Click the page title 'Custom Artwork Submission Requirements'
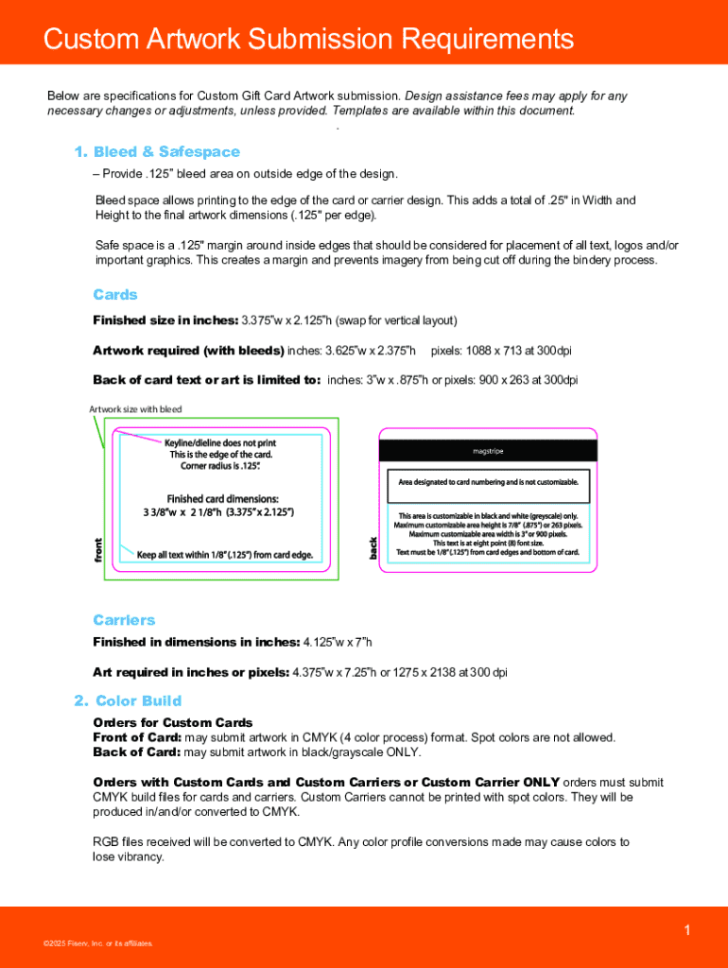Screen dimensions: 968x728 point(308,39)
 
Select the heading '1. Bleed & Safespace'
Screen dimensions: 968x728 point(157,152)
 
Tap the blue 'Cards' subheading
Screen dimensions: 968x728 point(115,295)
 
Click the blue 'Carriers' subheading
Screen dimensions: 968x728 point(124,620)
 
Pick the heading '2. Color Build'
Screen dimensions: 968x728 point(128,700)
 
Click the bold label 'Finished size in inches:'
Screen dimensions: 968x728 point(165,320)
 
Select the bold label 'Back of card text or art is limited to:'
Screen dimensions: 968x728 point(206,380)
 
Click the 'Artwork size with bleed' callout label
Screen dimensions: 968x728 point(135,409)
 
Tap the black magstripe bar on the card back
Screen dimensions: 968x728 point(488,451)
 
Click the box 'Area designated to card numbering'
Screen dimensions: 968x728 point(488,482)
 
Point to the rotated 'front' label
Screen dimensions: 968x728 point(97,551)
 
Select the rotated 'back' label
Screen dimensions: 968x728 point(373,546)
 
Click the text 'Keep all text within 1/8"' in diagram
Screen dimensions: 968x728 point(224,555)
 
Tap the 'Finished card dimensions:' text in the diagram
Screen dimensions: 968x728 point(223,498)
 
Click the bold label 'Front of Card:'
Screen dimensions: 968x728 point(136,737)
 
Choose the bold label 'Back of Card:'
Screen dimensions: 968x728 point(136,752)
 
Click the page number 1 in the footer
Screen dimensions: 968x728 point(687,931)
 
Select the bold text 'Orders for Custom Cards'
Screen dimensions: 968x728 point(172,723)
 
